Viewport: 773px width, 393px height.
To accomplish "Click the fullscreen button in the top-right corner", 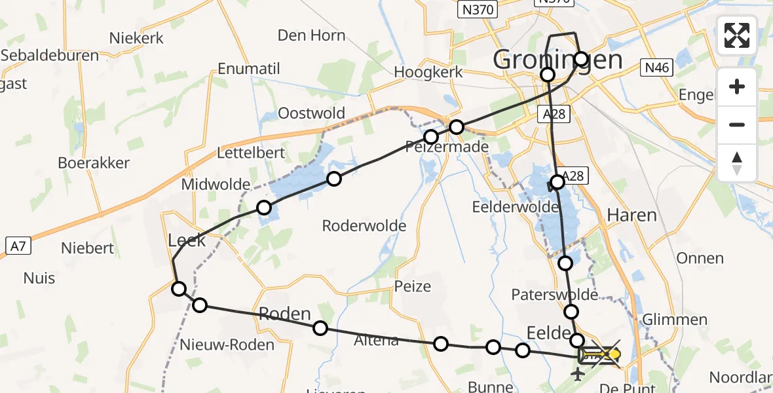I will pos(737,35).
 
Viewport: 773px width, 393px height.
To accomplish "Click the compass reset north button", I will pos(737,163).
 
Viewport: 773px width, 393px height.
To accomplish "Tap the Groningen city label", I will pos(557,60).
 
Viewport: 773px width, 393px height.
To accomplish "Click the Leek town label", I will pos(187,240).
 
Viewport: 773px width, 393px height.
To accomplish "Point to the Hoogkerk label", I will pos(428,72).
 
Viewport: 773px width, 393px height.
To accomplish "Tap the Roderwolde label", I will pos(364,226).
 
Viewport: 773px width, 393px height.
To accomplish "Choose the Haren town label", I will pos(632,215).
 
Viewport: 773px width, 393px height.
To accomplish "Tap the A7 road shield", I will pos(17,245).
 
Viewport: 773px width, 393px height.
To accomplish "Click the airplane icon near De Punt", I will pos(578,375).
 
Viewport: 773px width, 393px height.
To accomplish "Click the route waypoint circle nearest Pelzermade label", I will pos(431,137).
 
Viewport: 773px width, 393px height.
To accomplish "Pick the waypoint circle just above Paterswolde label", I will pos(565,263).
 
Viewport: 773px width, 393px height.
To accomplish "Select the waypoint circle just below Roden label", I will pos(320,328).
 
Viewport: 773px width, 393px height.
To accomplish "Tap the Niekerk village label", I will pos(136,38).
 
